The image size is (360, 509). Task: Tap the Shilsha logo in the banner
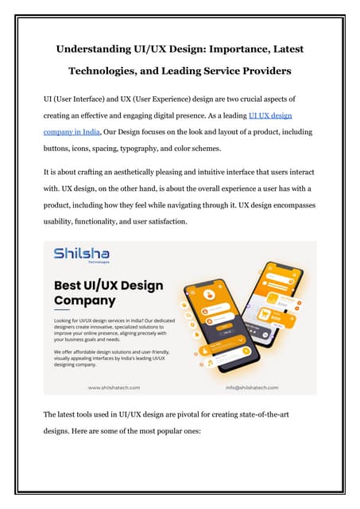[x=82, y=254]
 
